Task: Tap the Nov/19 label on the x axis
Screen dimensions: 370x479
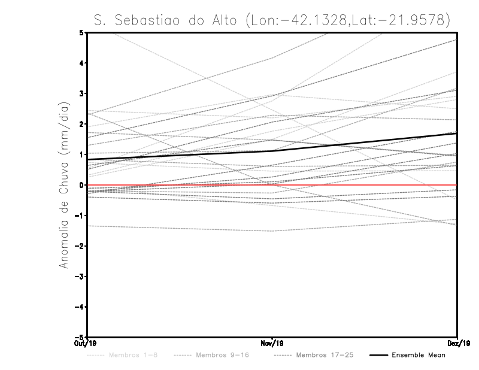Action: pyautogui.click(x=272, y=344)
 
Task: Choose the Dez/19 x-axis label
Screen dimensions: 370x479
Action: pyautogui.click(x=458, y=344)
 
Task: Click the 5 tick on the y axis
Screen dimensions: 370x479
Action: pyautogui.click(x=83, y=32)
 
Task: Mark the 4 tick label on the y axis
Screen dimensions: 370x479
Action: pyautogui.click(x=83, y=63)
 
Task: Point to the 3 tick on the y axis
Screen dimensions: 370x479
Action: pyautogui.click(x=83, y=93)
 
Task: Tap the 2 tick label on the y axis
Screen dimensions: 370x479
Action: pyautogui.click(x=83, y=124)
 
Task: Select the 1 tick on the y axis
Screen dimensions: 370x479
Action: pyautogui.click(x=83, y=154)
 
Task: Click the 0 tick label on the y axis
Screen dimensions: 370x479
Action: pyautogui.click(x=83, y=185)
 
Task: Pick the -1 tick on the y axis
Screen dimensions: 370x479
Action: pyautogui.click(x=81, y=216)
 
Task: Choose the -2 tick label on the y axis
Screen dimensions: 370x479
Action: pyautogui.click(x=81, y=246)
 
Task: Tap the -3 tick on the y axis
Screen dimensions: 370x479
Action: pyautogui.click(x=81, y=277)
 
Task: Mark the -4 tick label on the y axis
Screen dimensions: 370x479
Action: pyautogui.click(x=81, y=307)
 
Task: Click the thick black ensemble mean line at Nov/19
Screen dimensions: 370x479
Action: pyautogui.click(x=272, y=151)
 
